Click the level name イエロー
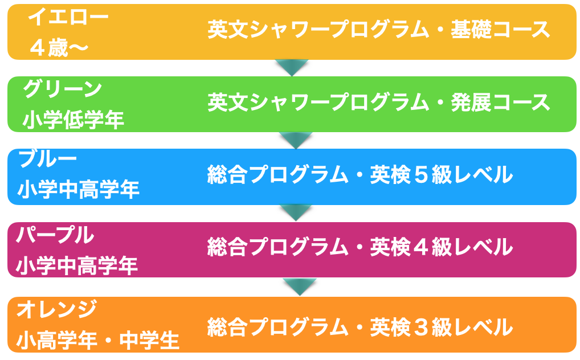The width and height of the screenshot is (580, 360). [68, 17]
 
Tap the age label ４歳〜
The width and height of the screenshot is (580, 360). [59, 48]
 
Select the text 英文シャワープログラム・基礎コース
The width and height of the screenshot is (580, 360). [379, 30]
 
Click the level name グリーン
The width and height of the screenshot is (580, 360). [63, 89]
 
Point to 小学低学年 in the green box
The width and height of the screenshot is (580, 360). [73, 120]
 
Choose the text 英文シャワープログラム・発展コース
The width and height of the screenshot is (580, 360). [379, 103]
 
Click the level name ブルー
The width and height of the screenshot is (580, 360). [48, 159]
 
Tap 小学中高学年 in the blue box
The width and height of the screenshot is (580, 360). [79, 190]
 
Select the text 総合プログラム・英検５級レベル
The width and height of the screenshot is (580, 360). [360, 175]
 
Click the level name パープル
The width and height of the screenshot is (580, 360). [55, 235]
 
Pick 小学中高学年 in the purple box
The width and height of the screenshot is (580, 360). [77, 265]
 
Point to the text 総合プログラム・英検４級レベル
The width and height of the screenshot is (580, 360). [360, 247]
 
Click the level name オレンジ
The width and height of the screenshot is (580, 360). [57, 309]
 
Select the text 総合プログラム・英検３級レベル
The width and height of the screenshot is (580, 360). [360, 327]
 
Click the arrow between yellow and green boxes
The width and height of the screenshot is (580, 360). [292, 67]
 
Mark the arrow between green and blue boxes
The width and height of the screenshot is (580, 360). [296, 140]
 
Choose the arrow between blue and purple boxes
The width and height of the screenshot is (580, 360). [296, 212]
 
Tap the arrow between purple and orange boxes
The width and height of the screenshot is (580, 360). [300, 286]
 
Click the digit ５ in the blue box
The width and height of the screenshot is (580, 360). [421, 175]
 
